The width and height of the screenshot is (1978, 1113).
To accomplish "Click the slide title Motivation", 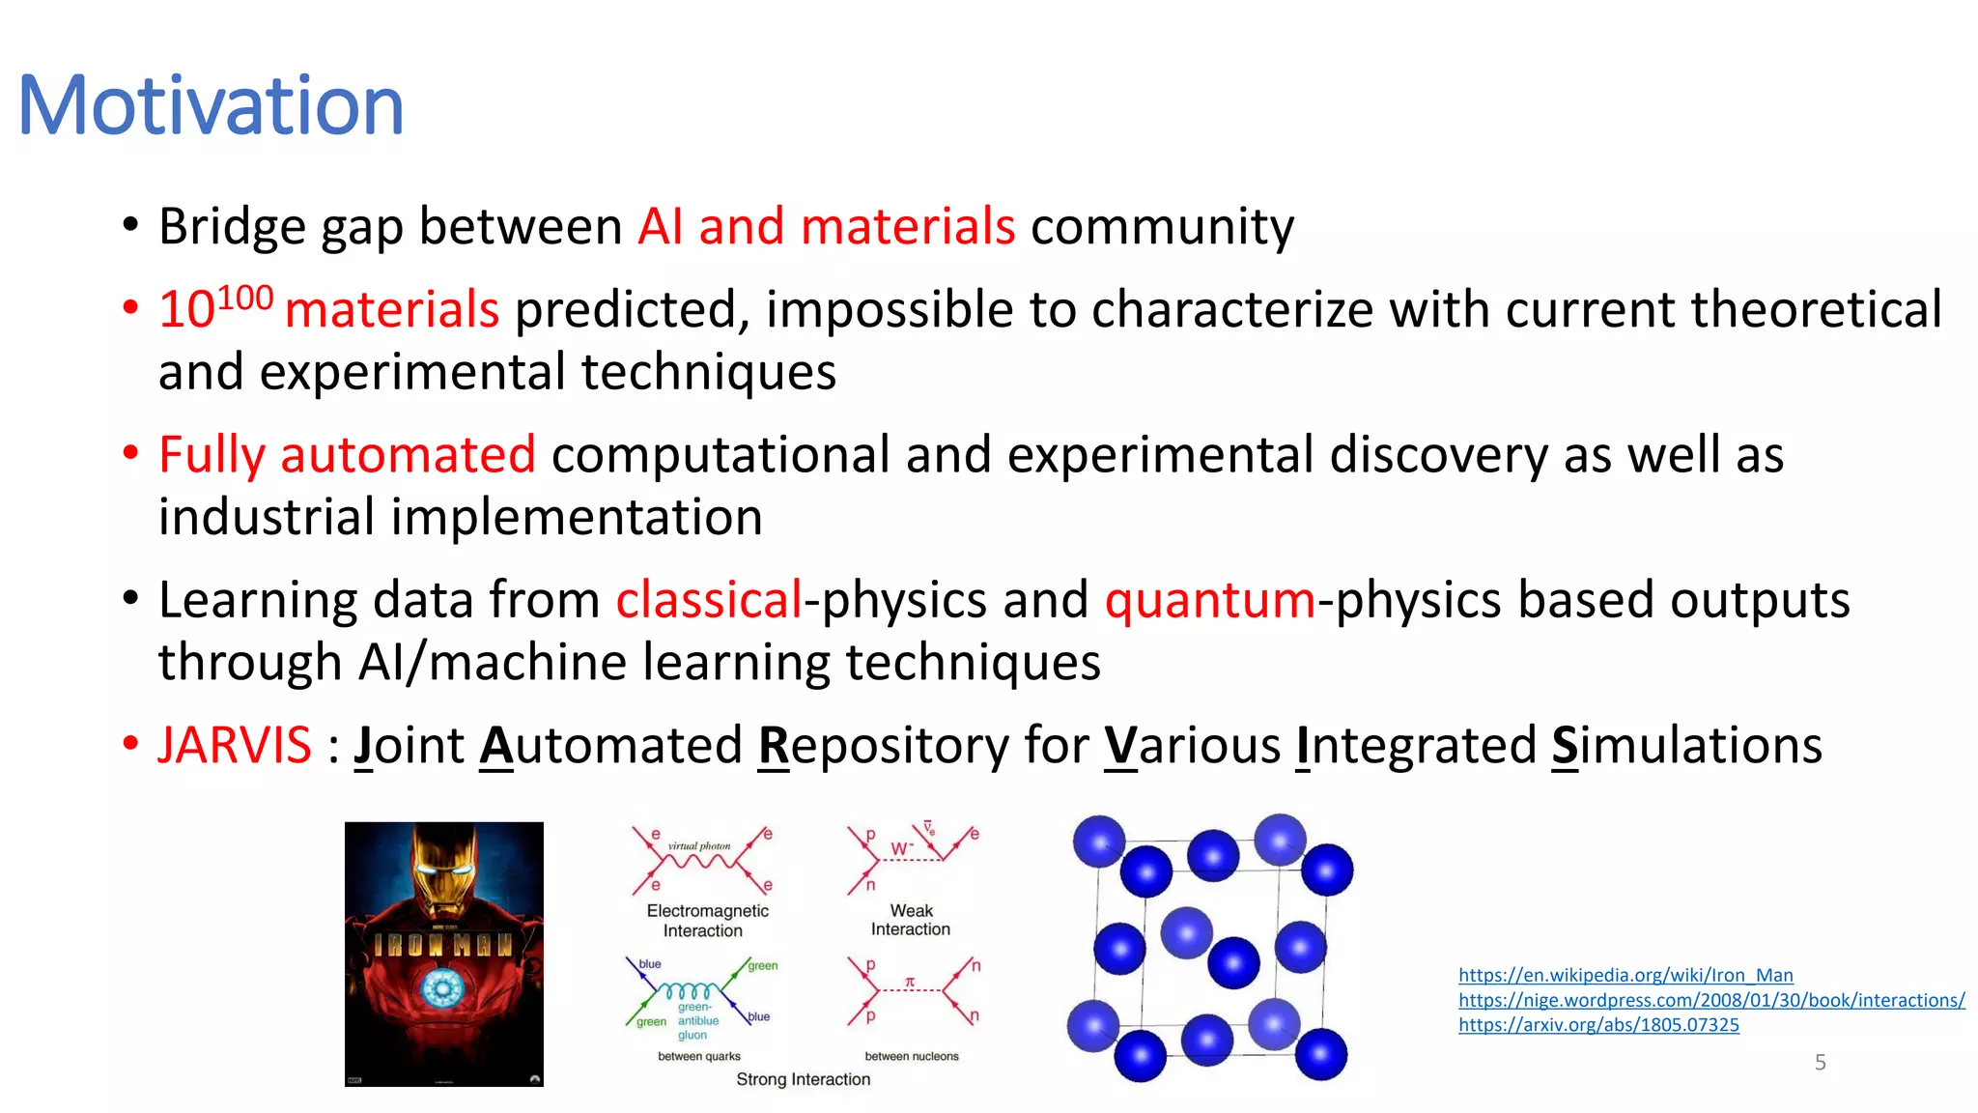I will coord(211,105).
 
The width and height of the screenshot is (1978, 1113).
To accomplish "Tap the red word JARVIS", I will coord(235,746).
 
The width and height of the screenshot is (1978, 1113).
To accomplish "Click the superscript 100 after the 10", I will coord(245,298).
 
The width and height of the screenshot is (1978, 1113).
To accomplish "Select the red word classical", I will coord(709,600).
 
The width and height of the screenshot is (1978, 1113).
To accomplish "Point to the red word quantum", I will coord(1209,600).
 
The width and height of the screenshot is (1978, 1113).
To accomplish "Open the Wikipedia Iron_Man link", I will coord(1625,975).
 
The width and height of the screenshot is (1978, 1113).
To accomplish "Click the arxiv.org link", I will coord(1598,1025).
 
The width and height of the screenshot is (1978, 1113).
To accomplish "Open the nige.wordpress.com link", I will coord(1711,1000).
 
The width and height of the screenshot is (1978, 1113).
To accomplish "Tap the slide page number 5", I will coord(1820,1063).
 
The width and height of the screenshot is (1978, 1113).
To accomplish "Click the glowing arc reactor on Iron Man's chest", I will coord(443,988).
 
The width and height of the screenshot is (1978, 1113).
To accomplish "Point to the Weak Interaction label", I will coord(911,920).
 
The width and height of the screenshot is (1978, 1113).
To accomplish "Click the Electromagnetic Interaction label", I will coord(707,921).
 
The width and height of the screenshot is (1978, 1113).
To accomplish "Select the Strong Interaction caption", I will coord(803,1079).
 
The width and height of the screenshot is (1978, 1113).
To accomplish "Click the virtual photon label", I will coord(699,845).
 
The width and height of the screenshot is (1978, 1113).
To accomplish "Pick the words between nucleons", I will coord(912,1056).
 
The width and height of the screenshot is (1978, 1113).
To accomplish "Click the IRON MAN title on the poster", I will coord(443,944).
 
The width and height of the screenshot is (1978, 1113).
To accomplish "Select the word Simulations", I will coord(1686,746).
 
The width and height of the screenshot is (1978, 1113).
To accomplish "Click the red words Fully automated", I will coord(347,454).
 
